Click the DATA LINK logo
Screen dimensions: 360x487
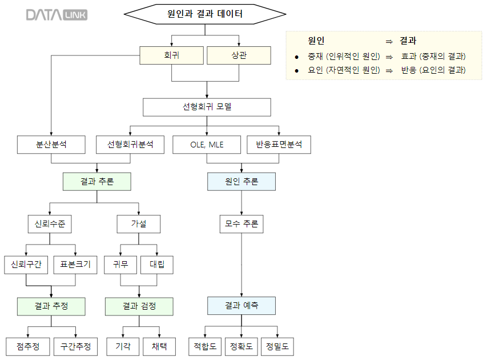click(x=57, y=15)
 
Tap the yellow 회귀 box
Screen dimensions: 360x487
click(x=172, y=55)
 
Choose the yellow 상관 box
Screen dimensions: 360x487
click(x=239, y=55)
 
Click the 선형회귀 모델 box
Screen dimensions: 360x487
click(x=207, y=106)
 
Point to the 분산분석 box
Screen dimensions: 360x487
click(x=51, y=145)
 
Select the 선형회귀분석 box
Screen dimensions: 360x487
click(x=130, y=145)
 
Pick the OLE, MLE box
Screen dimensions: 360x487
click(x=207, y=145)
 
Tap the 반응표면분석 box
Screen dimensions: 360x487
click(x=279, y=145)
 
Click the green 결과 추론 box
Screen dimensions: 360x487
click(x=97, y=182)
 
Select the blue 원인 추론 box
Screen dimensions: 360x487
click(x=242, y=182)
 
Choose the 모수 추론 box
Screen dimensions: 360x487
click(x=242, y=224)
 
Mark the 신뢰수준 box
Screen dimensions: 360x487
click(x=50, y=224)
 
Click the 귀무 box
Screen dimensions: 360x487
click(x=120, y=265)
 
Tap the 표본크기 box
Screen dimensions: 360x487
click(x=75, y=265)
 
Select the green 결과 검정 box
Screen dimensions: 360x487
click(x=139, y=306)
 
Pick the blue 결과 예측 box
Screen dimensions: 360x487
click(x=242, y=306)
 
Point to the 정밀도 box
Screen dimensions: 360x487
click(x=277, y=346)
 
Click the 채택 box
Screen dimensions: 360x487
click(x=159, y=346)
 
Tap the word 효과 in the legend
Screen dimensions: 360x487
click(x=409, y=56)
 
